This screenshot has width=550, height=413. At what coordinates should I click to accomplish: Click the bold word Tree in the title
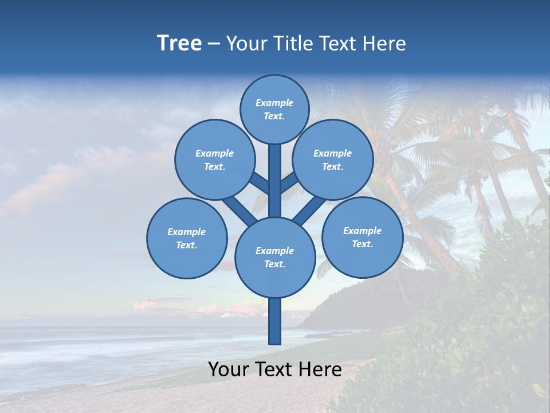tap(179, 44)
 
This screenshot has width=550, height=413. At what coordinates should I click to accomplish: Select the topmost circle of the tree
tap(274, 109)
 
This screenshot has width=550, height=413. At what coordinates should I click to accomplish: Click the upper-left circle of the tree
tap(215, 159)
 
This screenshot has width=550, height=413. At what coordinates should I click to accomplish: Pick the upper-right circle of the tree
tap(333, 159)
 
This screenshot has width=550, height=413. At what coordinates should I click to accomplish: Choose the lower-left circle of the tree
tap(187, 238)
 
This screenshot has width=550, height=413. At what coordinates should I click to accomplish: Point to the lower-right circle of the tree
tap(362, 237)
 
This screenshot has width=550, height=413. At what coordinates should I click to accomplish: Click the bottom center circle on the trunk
tap(275, 257)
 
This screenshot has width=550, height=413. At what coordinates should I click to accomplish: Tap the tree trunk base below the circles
tap(275, 321)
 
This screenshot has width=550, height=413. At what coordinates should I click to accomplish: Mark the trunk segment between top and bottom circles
tap(275, 181)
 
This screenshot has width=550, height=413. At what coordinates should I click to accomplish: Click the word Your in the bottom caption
tap(228, 370)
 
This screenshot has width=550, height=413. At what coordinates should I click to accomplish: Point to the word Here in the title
tap(385, 44)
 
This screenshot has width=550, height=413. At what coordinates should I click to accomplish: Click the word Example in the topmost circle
tap(274, 103)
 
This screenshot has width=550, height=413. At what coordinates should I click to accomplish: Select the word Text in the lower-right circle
tap(362, 244)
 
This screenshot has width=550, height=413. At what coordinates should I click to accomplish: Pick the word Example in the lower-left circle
tap(186, 232)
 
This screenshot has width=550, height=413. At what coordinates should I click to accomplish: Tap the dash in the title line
tap(214, 44)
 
